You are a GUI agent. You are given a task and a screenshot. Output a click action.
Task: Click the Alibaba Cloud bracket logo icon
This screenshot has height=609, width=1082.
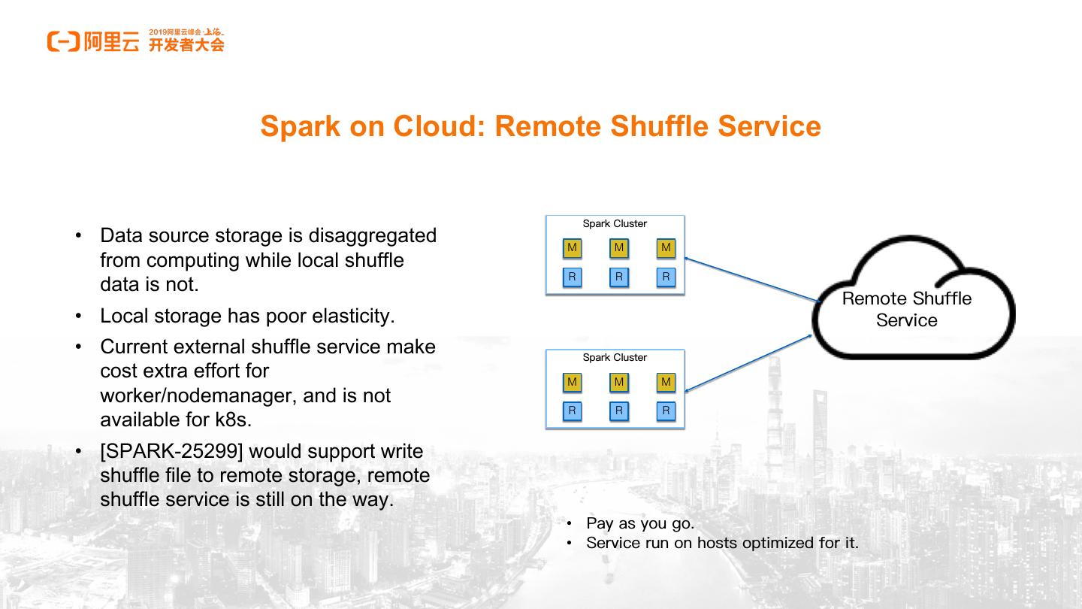63,41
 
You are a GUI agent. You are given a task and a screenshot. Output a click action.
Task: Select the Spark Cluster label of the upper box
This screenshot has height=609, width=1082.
615,224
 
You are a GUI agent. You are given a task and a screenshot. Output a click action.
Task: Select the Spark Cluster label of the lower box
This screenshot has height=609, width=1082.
615,358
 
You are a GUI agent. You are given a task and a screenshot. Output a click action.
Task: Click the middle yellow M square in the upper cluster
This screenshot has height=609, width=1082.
618,248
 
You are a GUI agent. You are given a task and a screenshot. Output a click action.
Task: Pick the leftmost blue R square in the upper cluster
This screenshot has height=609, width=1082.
572,277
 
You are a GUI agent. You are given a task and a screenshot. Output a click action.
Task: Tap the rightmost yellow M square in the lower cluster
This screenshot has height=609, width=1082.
665,382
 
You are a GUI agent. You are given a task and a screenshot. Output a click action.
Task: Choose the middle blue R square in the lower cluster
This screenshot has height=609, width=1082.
618,411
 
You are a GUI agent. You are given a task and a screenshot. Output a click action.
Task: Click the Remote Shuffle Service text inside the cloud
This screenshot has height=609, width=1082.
906,309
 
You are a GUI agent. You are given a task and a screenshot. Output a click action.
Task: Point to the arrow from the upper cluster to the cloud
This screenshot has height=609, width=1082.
751,280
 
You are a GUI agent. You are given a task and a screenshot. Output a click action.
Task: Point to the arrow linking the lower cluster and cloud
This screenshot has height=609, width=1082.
748,363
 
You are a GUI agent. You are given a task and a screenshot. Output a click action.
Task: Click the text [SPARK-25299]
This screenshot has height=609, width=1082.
171,451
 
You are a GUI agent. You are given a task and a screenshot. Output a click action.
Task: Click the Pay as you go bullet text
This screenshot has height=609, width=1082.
640,523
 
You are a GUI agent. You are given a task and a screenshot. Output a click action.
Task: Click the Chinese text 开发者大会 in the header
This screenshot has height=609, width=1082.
186,45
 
